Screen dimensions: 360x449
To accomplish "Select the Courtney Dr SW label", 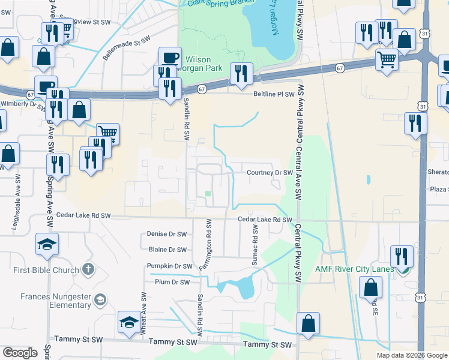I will click(270, 173).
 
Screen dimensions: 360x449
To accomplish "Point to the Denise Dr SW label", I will click(167, 234).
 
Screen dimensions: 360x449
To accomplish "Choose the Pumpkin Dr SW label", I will click(169, 266).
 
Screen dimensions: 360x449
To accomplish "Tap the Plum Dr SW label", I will click(172, 281).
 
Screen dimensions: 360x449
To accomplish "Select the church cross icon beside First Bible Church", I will click(88, 269).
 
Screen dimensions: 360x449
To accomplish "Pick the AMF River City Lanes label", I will click(355, 269).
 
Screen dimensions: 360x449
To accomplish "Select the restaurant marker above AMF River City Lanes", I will click(401, 256).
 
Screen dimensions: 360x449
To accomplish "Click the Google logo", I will click(20, 353).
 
